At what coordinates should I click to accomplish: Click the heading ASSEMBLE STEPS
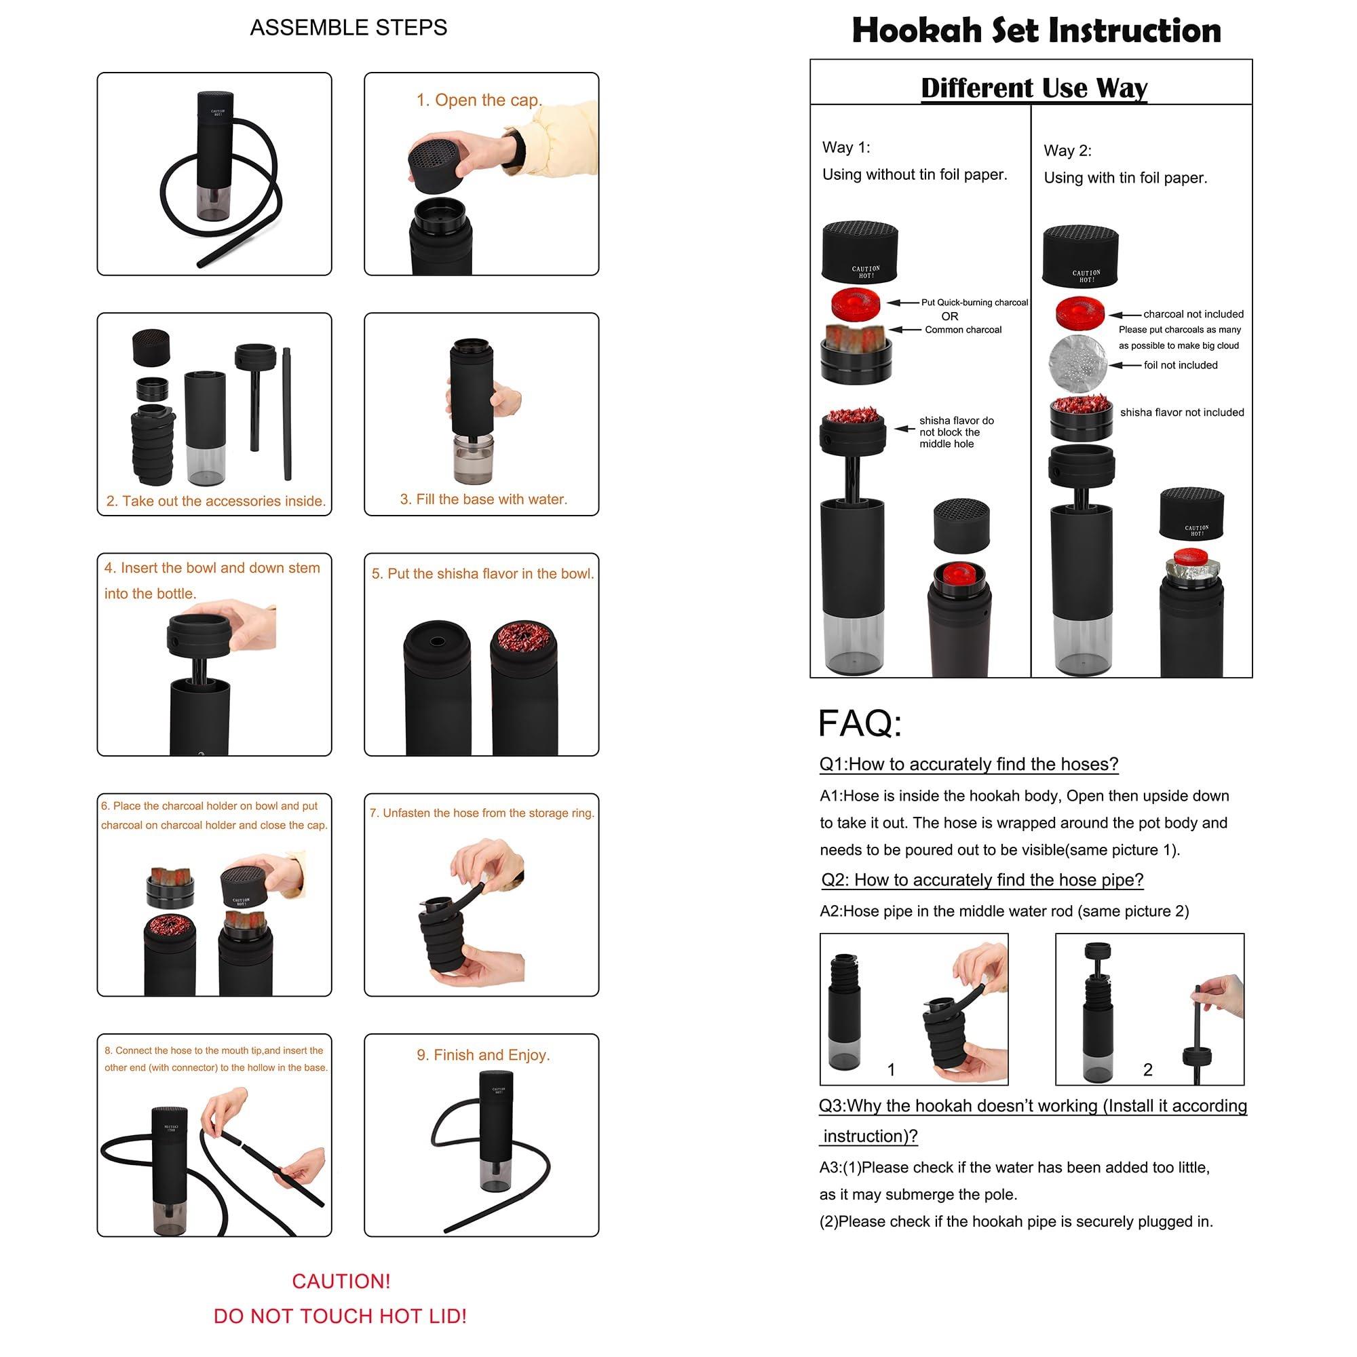(348, 27)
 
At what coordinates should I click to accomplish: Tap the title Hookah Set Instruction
(1036, 31)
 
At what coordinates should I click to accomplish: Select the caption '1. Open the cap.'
(479, 100)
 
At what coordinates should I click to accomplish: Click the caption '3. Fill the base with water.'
(483, 499)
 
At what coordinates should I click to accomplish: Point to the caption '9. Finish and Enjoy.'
(483, 1055)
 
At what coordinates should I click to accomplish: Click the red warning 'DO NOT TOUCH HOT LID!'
(340, 1316)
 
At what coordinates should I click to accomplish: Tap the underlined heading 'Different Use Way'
(1034, 88)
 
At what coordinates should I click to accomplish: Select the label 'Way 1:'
(845, 147)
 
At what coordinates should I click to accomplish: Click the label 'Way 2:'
(1067, 151)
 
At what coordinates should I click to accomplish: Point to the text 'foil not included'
(1181, 365)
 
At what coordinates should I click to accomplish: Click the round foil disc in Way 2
(1077, 363)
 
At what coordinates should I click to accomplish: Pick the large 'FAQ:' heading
(860, 723)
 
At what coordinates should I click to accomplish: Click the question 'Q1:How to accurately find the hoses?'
(969, 764)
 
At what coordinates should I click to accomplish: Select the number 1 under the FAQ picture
(891, 1070)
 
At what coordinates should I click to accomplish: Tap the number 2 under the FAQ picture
(1148, 1070)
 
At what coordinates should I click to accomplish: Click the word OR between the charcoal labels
(950, 317)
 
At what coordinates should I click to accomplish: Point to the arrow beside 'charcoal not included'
(1125, 315)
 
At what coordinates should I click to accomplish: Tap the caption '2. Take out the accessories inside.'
(216, 501)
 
